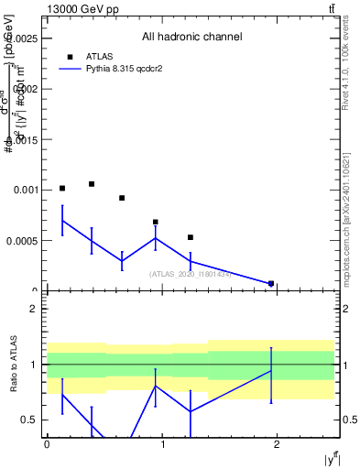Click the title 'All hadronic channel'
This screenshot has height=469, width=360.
pos(191,38)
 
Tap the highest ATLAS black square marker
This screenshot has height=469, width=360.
pos(92,184)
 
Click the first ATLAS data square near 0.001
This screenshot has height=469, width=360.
pos(62,189)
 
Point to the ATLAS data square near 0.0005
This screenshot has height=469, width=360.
pos(191,237)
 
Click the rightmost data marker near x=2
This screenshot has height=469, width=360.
pos(271,284)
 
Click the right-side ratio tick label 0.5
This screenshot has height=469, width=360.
pos(348,420)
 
